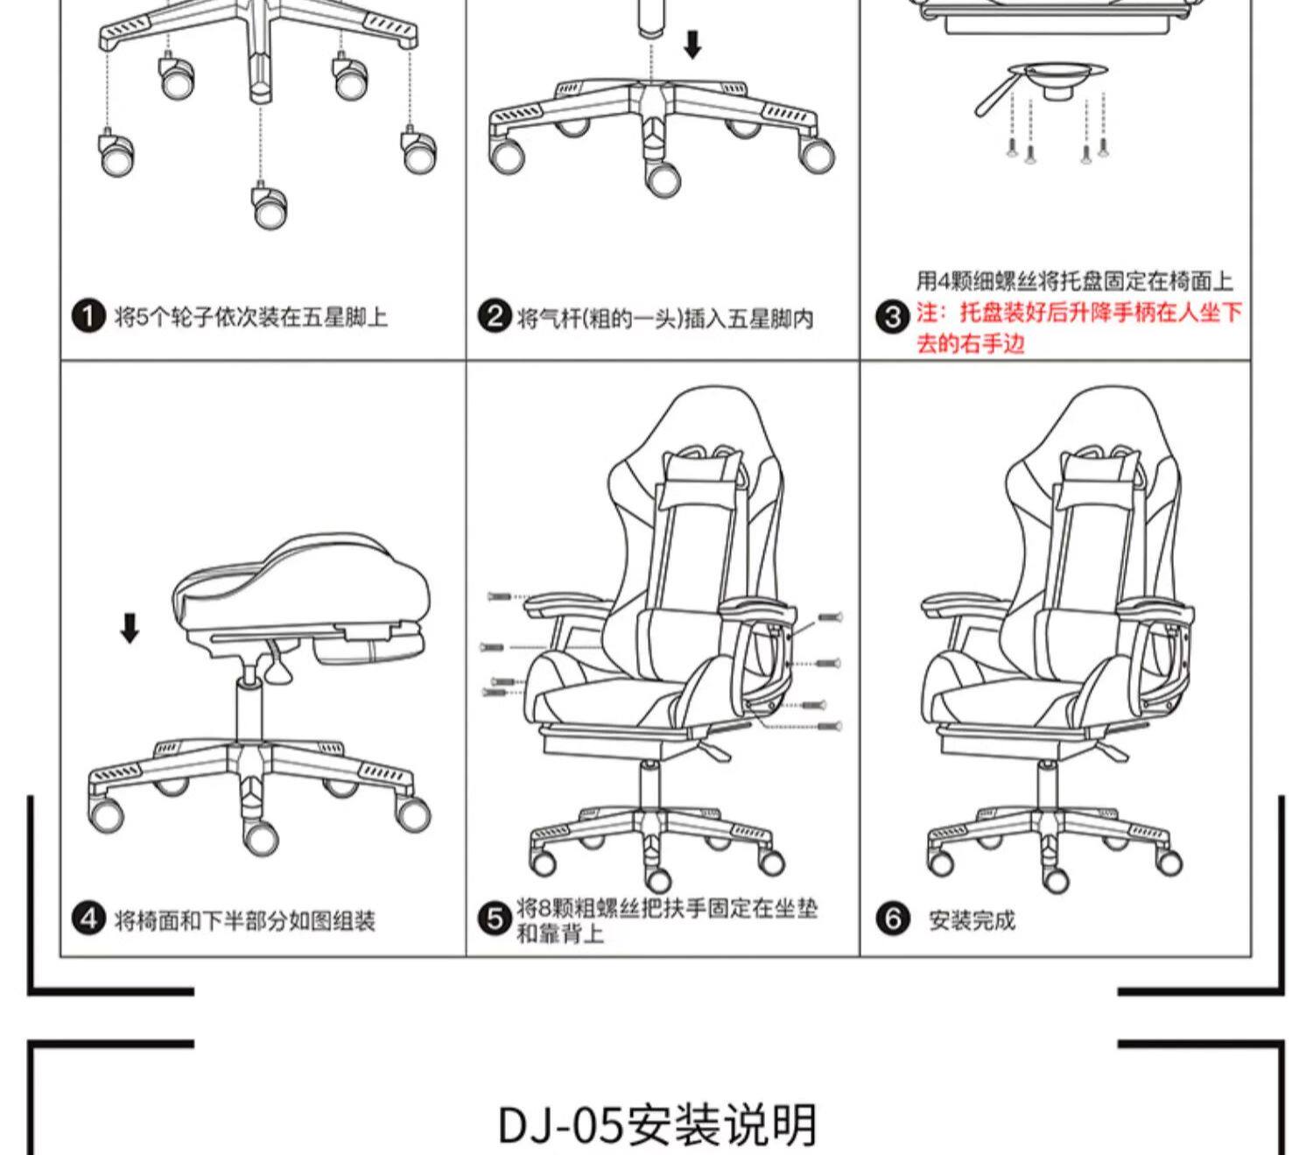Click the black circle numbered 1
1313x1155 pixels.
tap(88, 316)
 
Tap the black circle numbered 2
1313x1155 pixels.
tap(495, 316)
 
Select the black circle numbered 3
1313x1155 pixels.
tap(892, 316)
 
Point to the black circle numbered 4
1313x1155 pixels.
tap(88, 919)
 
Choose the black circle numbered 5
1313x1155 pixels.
tap(495, 919)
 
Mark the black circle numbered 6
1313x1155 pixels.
tap(892, 919)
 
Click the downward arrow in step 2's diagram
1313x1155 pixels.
tap(692, 44)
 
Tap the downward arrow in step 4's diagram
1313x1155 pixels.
tap(130, 627)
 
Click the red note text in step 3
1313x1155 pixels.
tap(1078, 327)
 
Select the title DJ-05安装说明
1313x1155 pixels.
tap(657, 1124)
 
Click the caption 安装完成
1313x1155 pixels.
tap(972, 920)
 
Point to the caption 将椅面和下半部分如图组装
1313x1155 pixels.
tap(245, 920)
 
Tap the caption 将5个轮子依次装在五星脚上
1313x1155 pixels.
tap(251, 316)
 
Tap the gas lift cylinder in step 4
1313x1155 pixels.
tap(251, 709)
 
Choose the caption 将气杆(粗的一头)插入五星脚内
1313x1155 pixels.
tap(665, 317)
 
